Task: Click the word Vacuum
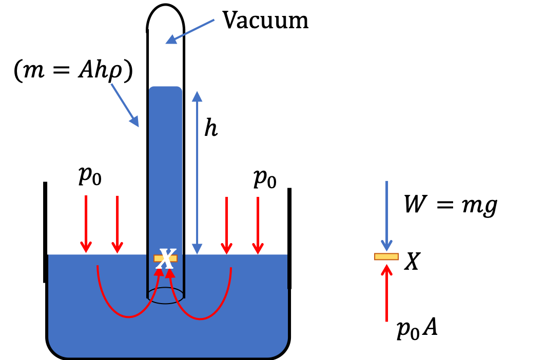point(265,20)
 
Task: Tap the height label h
point(211,128)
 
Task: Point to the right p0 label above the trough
point(265,178)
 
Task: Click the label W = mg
point(451,205)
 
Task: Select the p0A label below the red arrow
point(417,328)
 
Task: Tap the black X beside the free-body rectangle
point(413,261)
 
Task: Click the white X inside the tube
point(166,259)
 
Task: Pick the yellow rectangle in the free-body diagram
point(386,257)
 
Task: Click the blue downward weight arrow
point(386,216)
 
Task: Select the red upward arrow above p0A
point(386,293)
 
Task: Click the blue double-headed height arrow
point(197,172)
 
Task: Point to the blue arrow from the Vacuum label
point(190,32)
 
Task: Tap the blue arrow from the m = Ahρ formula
point(125,105)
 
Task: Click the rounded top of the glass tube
point(165,5)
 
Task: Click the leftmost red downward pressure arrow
point(86,224)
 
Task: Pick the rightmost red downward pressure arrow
point(258,226)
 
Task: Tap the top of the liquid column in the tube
point(165,87)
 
